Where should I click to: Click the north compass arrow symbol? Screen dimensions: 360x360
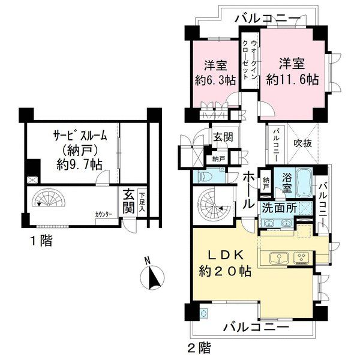coord(153,277)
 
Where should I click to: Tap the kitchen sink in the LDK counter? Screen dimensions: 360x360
coord(280,259)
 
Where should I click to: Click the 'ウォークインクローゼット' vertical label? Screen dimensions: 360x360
coord(250,61)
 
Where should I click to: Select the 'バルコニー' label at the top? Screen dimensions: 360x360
coord(266,17)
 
